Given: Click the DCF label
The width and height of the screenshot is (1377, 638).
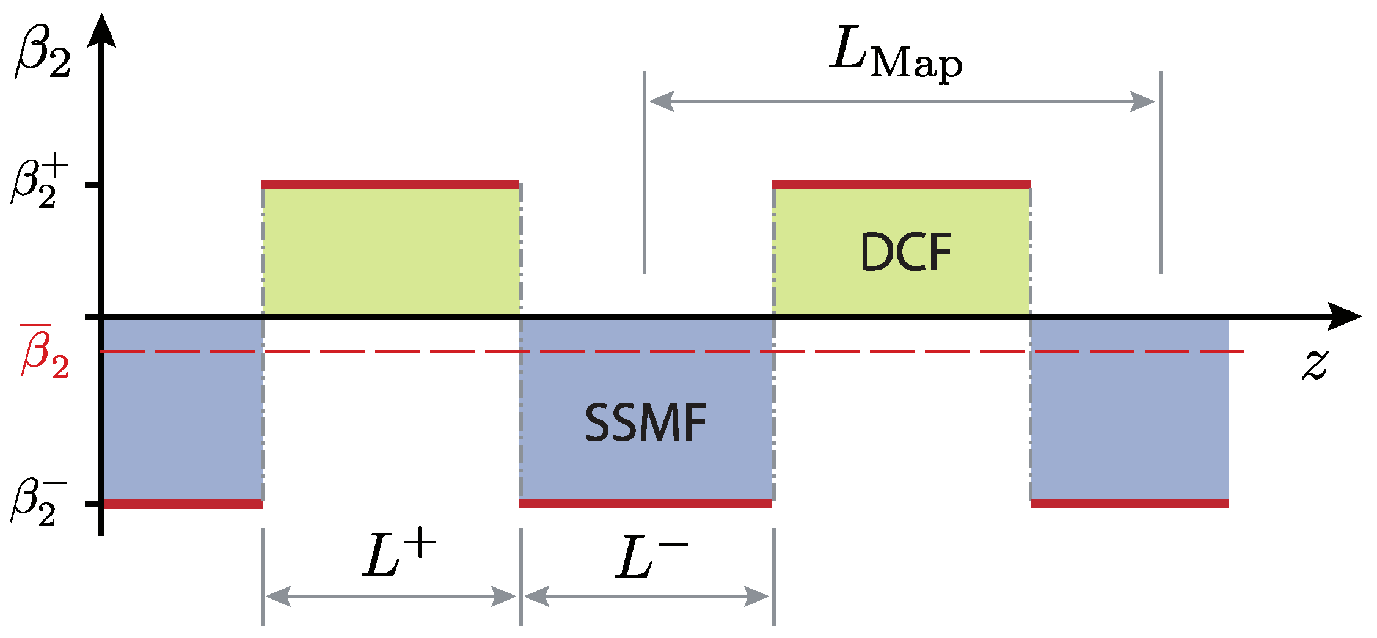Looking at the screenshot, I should coord(905,252).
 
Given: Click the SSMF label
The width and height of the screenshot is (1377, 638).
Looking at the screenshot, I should coord(645,423).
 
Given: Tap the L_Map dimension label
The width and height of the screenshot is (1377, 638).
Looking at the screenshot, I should coord(896,54).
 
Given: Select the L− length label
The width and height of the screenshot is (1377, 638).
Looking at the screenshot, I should coord(650,557).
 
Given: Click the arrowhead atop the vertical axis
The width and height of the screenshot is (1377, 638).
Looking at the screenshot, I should coord(101,31).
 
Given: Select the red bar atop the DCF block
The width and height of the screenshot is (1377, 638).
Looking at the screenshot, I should coord(901,185).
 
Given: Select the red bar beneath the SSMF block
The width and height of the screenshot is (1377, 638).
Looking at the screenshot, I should coord(646,504).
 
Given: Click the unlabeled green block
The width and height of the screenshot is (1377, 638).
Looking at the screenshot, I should coord(391,251).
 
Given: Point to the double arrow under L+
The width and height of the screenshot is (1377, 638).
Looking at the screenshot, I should coord(391,596).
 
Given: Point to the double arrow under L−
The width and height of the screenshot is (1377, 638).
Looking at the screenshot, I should coord(646,596).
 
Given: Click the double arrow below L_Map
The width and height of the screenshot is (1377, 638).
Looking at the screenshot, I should coord(902,101).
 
